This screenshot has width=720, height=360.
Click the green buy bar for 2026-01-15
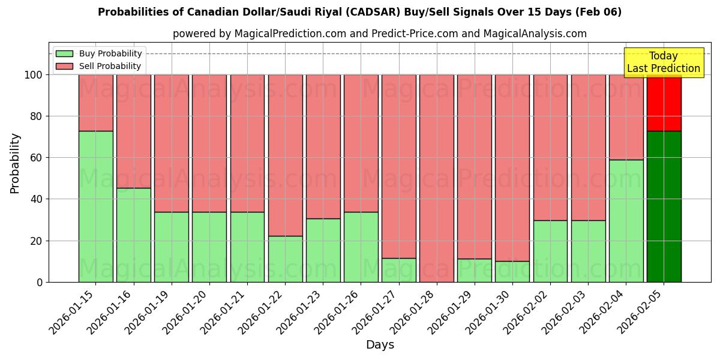point(95,206)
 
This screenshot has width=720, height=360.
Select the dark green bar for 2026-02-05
point(664,206)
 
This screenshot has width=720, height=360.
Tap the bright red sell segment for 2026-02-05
point(664,103)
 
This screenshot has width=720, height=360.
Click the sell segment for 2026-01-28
point(436,178)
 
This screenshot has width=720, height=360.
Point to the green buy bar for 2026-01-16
point(133,235)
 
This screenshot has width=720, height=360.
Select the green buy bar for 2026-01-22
point(285,259)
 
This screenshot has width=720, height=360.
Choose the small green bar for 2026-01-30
point(512,271)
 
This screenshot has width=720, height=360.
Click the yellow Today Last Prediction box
point(663,62)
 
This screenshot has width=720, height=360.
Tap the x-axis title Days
point(380,345)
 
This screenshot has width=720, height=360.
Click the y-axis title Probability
point(15,163)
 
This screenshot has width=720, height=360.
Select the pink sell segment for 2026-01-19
point(171,143)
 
